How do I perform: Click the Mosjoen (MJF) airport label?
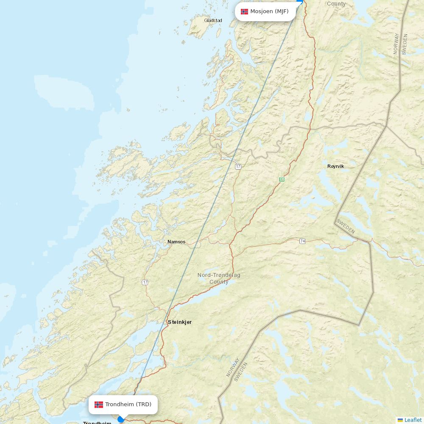tap(269, 11)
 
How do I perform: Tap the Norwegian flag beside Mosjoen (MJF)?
tap(245, 11)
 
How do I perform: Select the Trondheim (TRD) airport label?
tap(128, 404)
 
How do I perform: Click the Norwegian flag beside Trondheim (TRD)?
tap(99, 404)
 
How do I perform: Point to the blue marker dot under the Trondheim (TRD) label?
tap(121, 419)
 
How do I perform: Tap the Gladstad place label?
tap(213, 20)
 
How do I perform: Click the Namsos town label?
tap(176, 242)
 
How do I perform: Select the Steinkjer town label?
tap(180, 322)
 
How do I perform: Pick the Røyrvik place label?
tap(336, 166)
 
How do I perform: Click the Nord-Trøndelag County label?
tap(219, 279)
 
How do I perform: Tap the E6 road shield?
tap(282, 179)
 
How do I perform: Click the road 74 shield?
tap(302, 241)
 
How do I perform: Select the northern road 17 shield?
tap(238, 167)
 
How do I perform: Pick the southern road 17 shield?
tap(145, 282)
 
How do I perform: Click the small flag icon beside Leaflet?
tap(400, 420)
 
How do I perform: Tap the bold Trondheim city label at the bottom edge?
tap(97, 422)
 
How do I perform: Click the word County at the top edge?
tap(336, 4)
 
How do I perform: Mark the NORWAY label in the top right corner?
tap(396, 44)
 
